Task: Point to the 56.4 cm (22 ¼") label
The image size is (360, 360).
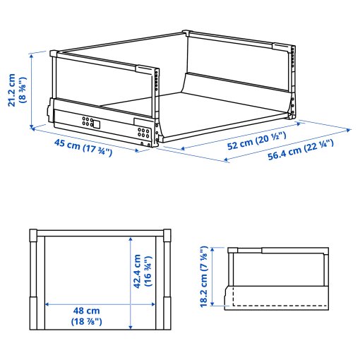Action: (x=301, y=153)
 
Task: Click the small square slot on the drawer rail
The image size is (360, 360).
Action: (x=98, y=124)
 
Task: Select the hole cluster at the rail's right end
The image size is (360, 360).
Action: (x=143, y=132)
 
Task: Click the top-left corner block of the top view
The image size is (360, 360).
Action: (x=33, y=236)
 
